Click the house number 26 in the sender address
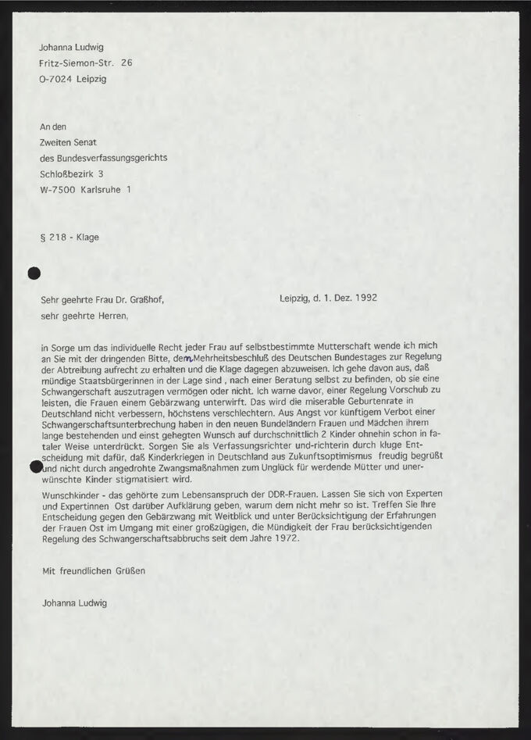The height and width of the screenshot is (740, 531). (x=127, y=63)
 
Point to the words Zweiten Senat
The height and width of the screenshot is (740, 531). (x=67, y=142)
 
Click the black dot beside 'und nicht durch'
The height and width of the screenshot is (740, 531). (x=34, y=467)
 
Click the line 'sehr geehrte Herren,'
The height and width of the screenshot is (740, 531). (x=84, y=316)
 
